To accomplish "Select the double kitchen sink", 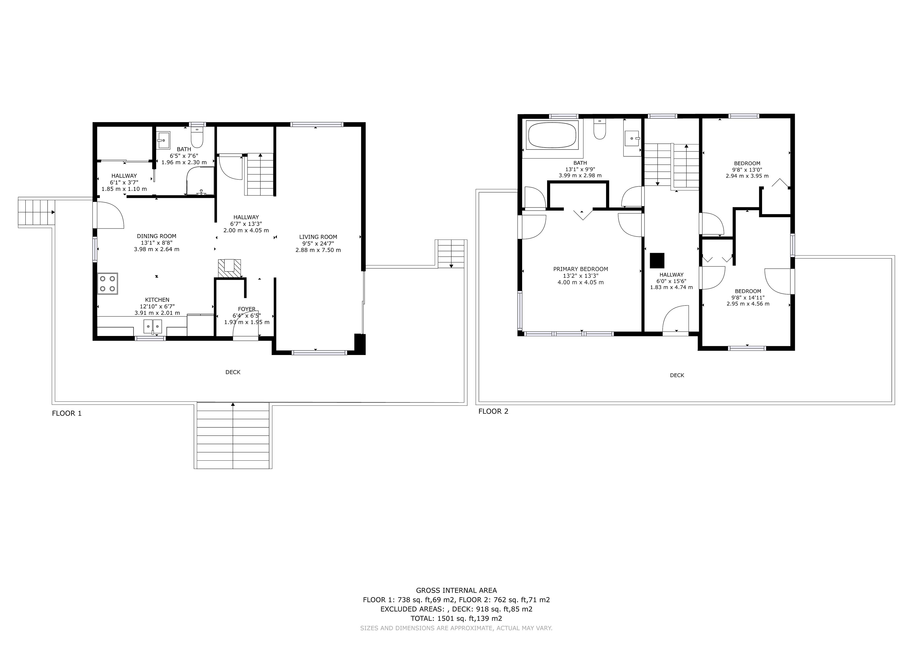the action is pos(153,326).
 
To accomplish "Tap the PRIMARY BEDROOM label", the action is pos(581,269).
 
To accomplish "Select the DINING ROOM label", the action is pos(157,236).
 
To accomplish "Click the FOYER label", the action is pos(247,309).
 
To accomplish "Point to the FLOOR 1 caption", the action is pos(67,413).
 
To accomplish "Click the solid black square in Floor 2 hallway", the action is pos(657,260).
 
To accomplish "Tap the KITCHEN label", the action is pos(157,300).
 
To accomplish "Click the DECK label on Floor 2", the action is pos(677,375).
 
